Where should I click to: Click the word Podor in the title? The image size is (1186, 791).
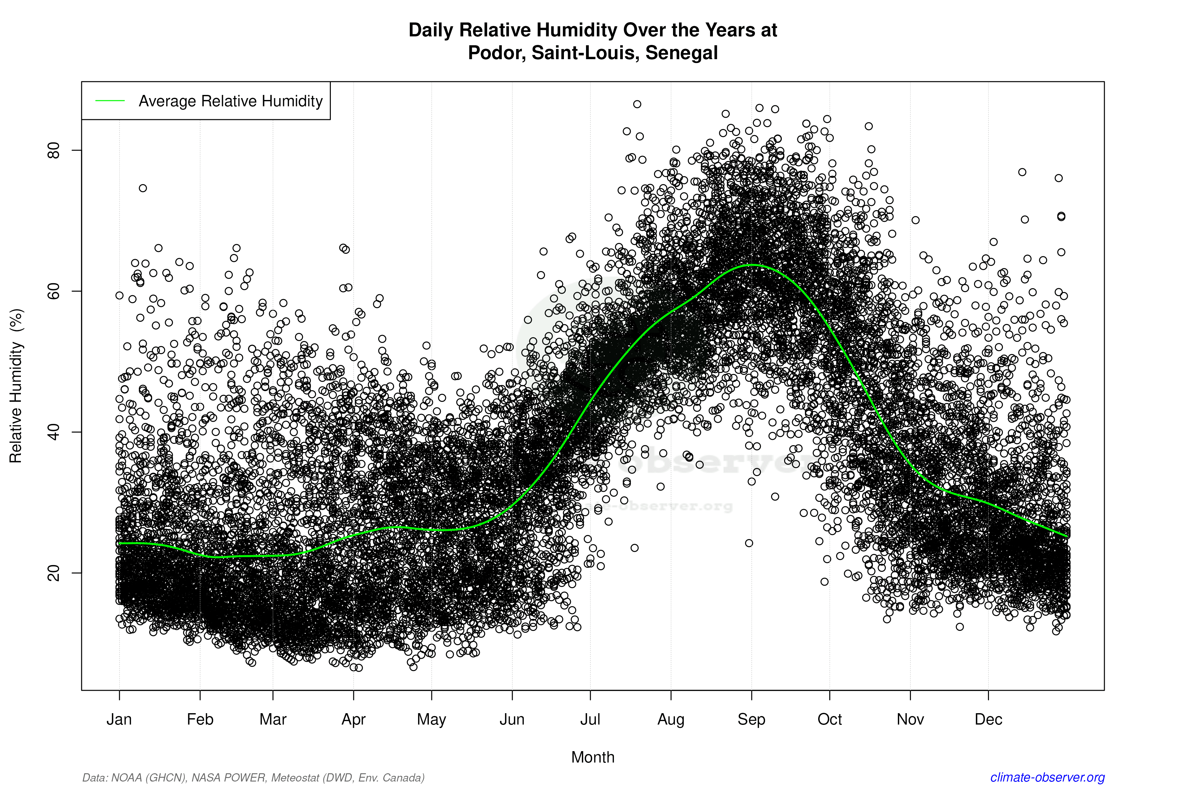[x=496, y=53]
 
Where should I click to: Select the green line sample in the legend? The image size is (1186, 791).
[x=110, y=101]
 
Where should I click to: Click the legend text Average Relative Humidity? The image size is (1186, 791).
[x=231, y=101]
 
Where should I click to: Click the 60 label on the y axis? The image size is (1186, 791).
[x=53, y=291]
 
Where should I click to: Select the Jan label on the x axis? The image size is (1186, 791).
[x=119, y=719]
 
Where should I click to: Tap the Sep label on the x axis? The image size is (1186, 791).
[x=751, y=719]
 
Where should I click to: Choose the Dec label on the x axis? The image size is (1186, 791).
[x=988, y=719]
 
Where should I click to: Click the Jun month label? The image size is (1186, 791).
[x=512, y=719]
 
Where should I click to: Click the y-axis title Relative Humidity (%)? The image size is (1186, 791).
[x=16, y=386]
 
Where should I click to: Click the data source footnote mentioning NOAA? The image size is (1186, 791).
[x=253, y=777]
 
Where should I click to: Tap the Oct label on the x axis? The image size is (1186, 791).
[x=830, y=719]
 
